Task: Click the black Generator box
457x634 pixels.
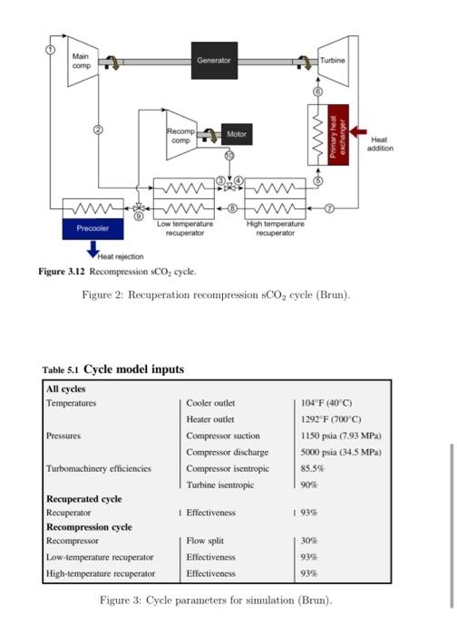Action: [x=214, y=60]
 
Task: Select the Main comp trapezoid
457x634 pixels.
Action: [x=82, y=61]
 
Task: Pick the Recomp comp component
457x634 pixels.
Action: [x=181, y=135]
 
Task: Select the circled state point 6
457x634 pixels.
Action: [x=318, y=92]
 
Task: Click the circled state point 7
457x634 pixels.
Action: [x=329, y=208]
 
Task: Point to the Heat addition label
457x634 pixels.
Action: [x=379, y=144]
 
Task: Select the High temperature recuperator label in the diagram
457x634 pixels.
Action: [x=275, y=228]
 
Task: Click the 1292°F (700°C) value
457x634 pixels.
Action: [x=331, y=418]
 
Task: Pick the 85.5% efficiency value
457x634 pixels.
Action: [x=312, y=468]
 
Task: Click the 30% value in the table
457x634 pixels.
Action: [x=309, y=541]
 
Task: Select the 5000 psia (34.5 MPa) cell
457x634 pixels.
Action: [x=341, y=452]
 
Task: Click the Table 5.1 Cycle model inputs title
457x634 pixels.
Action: [x=113, y=369]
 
